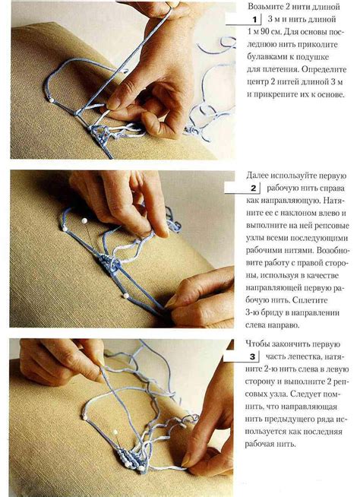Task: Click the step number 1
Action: click(x=254, y=20)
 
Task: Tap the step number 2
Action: click(x=253, y=188)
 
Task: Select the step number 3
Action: click(x=252, y=357)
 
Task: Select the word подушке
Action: click(x=308, y=57)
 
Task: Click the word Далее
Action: click(x=257, y=176)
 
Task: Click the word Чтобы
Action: click(x=257, y=344)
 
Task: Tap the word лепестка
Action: click(x=305, y=356)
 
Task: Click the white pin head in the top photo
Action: click(x=51, y=100)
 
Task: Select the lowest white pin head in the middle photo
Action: click(x=126, y=296)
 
